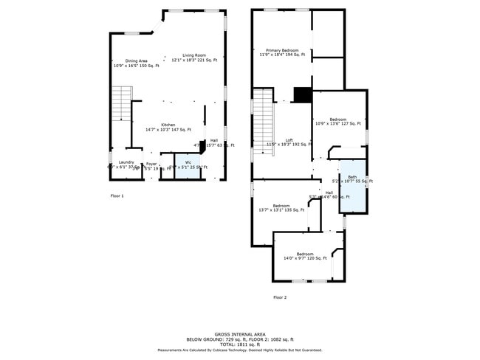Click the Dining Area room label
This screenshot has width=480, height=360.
tap(136, 61)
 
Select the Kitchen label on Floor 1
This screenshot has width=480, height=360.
tap(168, 125)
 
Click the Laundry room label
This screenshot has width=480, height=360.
tap(126, 162)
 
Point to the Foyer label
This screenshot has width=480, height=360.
tap(151, 164)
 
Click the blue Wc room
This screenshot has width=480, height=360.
tap(188, 167)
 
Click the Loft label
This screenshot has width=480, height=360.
tap(289, 140)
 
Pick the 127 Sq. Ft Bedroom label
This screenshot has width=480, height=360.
tap(337, 120)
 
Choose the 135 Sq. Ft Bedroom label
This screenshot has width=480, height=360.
tap(281, 206)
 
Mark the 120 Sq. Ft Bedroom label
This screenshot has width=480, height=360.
tap(305, 254)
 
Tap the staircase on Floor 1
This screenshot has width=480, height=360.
tap(121, 104)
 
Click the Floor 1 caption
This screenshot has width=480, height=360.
tap(117, 195)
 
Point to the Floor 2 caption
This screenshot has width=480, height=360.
tap(279, 297)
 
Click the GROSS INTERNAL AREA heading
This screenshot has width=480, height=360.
tap(239, 333)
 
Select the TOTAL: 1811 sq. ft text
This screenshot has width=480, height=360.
tap(239, 344)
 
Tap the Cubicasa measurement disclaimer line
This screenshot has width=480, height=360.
tap(239, 350)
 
